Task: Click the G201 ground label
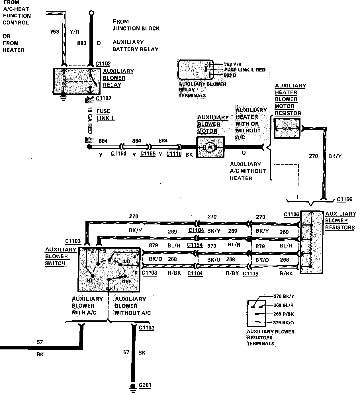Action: pos(145,385)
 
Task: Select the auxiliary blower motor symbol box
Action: pos(210,147)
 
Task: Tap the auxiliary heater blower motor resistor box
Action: pos(287,128)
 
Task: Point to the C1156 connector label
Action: pos(345,199)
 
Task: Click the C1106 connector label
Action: pos(292,214)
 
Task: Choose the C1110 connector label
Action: pos(174,154)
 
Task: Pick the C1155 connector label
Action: pos(148,153)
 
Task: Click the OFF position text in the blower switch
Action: pos(126,282)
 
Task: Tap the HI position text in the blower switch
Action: pos(89,281)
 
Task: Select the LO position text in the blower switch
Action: pos(127,261)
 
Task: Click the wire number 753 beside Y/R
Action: pos(54,32)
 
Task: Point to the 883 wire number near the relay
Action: pos(81,43)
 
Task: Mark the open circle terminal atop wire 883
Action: pos(91,13)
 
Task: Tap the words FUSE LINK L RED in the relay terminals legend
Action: pos(245,70)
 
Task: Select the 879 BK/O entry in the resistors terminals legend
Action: pos(283,323)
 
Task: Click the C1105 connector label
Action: pos(250,273)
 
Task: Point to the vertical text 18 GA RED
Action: pos(90,120)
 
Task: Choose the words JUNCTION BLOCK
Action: pos(136,28)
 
